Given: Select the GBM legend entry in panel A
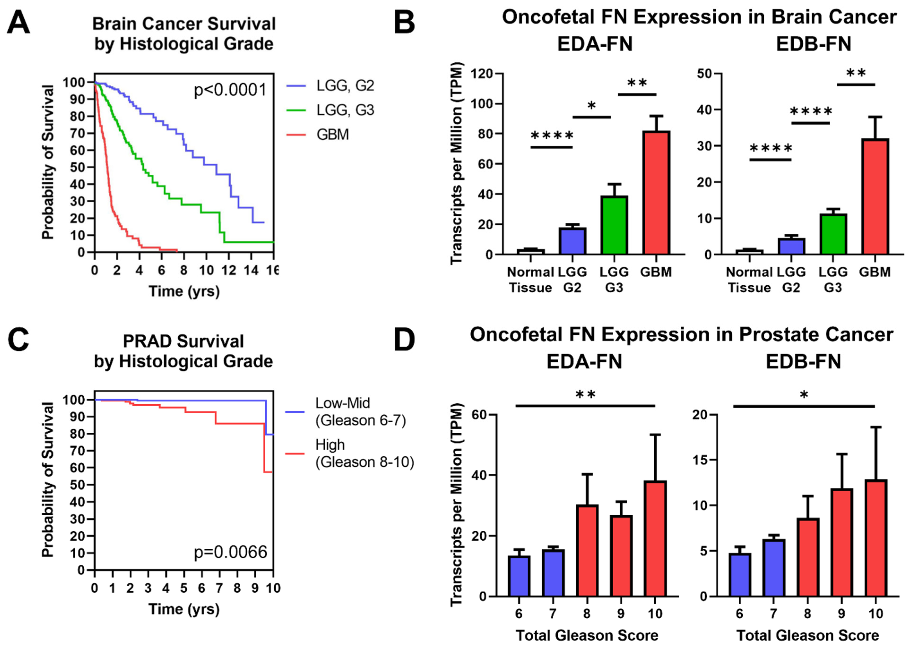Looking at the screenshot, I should click(x=332, y=134).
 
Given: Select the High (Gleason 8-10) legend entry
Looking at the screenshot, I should click(x=364, y=453).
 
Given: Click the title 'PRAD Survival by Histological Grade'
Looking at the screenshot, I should click(x=183, y=351).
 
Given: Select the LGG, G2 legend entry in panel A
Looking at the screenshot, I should click(x=345, y=86).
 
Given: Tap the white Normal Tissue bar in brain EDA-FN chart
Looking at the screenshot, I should click(x=530, y=251).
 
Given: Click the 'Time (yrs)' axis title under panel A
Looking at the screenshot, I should click(x=184, y=291).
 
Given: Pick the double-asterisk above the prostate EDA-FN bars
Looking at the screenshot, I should click(x=586, y=395).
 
